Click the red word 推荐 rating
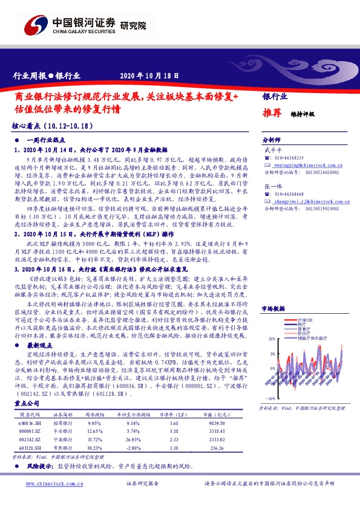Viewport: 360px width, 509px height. point(272,112)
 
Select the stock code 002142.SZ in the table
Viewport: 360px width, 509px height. point(29,441)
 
